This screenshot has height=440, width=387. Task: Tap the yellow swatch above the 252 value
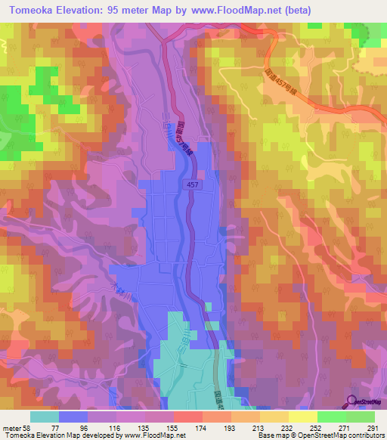point(302,416)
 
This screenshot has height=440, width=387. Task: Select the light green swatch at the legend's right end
point(361,416)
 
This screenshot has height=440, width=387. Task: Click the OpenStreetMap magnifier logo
point(352,401)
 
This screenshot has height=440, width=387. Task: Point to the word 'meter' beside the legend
point(11,427)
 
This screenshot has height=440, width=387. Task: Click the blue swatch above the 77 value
point(73,416)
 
